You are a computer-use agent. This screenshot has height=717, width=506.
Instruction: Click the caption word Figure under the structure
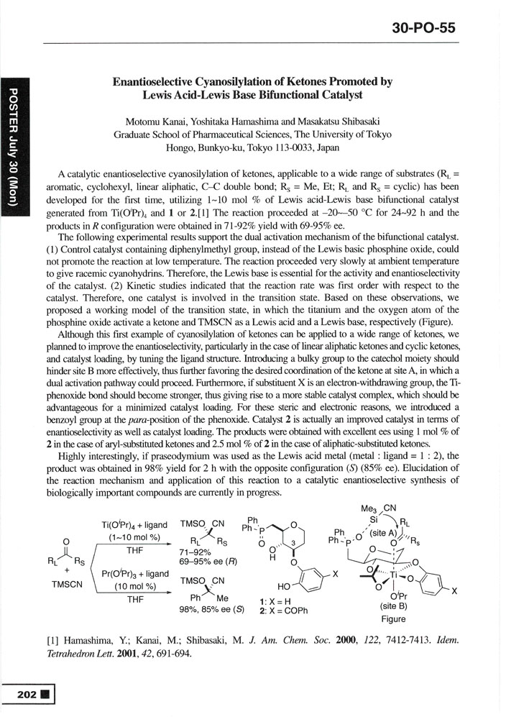click(x=394, y=618)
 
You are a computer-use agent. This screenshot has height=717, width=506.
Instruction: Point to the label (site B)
click(x=393, y=606)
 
